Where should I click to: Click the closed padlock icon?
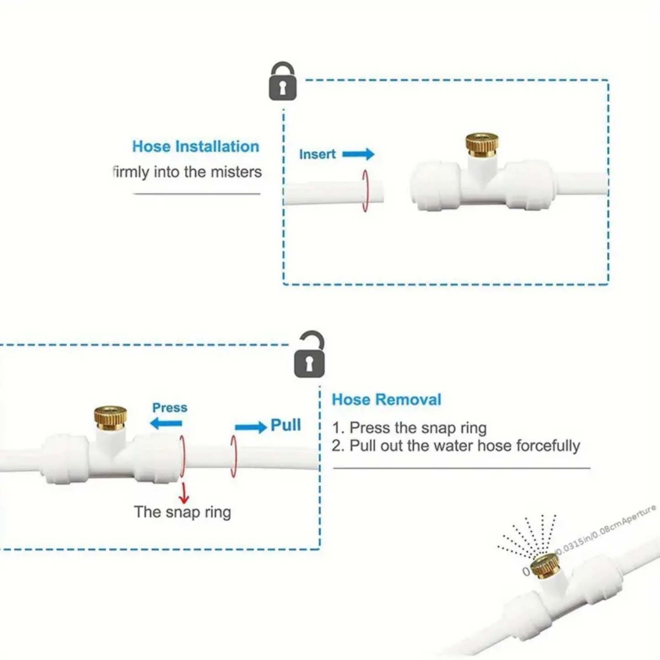pos(283,82)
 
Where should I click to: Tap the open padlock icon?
pos(310,355)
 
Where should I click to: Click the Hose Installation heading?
pos(195,147)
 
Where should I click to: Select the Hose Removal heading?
pos(386,400)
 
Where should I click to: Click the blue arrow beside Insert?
pos(359,154)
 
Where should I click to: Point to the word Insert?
pos(317,154)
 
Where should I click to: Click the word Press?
pos(169,407)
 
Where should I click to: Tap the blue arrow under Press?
pos(166,423)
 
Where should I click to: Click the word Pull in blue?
pos(285,425)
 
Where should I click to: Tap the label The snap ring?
pos(182,512)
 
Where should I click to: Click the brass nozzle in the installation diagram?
pos(481,145)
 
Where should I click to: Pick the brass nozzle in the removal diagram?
pos(111,417)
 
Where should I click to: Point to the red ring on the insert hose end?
pos(364,191)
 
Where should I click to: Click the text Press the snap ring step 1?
pos(410,428)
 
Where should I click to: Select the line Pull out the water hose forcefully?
pos(456,446)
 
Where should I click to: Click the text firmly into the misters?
pos(187,172)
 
